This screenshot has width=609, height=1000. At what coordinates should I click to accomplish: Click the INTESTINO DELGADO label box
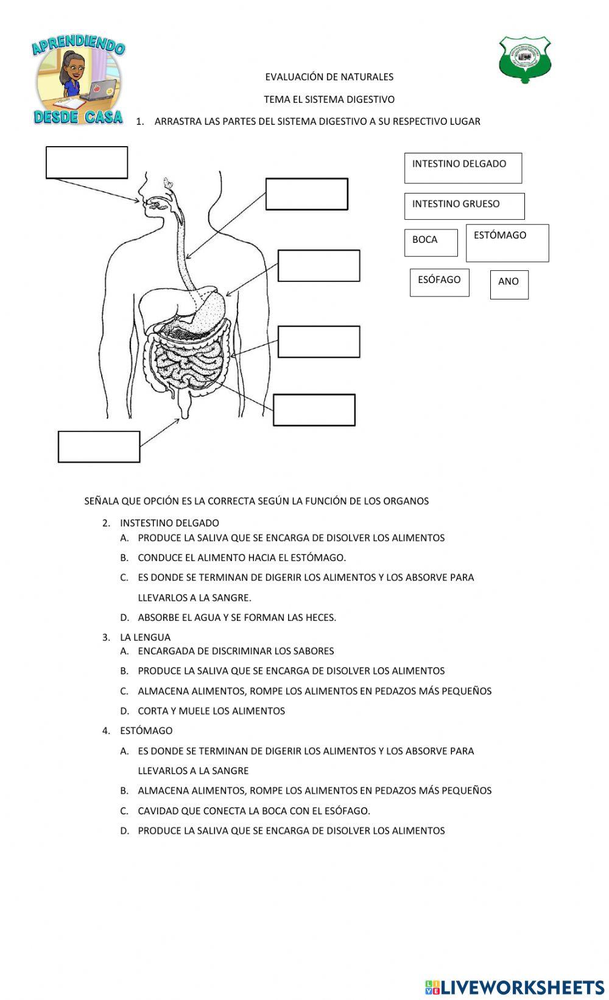click(463, 168)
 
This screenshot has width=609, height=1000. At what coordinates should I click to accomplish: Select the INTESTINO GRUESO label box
click(464, 206)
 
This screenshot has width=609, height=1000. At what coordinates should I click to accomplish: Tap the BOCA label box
click(431, 242)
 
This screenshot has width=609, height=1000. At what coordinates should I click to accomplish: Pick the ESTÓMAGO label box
click(507, 243)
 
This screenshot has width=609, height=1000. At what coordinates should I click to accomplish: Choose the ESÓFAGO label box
click(439, 282)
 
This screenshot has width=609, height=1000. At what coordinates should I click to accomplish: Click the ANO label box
click(509, 284)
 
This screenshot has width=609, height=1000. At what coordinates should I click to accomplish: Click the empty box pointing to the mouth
click(86, 163)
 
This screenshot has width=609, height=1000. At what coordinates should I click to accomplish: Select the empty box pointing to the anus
click(99, 447)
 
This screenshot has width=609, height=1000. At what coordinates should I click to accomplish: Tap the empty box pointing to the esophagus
click(306, 194)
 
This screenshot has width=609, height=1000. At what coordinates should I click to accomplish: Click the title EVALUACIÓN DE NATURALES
click(329, 77)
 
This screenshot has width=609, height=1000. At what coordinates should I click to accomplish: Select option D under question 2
click(237, 617)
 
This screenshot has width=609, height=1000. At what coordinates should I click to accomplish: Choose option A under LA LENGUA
click(236, 651)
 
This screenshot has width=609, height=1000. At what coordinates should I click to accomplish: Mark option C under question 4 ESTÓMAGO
click(254, 811)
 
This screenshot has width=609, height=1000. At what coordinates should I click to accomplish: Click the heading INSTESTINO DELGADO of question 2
click(169, 523)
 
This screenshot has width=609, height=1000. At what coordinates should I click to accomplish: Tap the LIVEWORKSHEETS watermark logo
click(515, 987)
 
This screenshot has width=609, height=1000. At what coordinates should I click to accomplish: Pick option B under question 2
click(242, 558)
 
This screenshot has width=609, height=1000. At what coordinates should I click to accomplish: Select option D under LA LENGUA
click(211, 711)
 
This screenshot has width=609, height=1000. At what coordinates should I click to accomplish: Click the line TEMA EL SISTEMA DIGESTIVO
click(329, 99)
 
